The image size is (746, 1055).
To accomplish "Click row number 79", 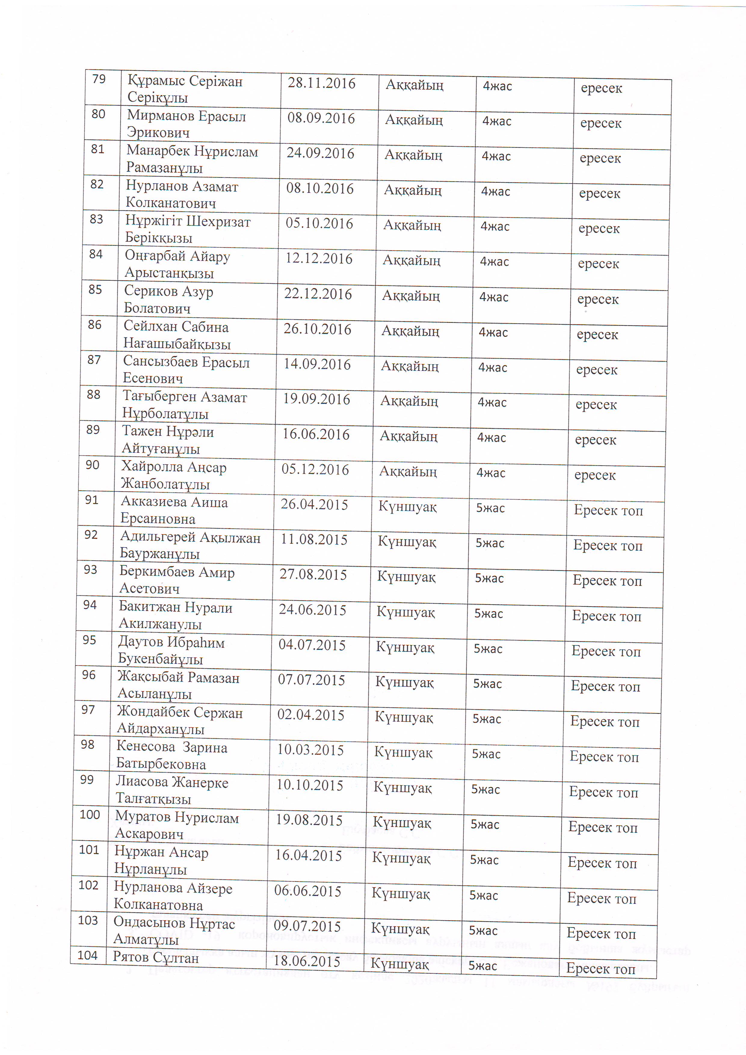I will click(x=99, y=79).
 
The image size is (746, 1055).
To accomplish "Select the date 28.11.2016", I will click(x=321, y=83).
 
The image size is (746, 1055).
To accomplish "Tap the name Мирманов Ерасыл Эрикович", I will click(x=186, y=124).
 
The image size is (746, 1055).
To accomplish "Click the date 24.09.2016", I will click(x=320, y=153).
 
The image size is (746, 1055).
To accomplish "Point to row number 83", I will click(x=97, y=219).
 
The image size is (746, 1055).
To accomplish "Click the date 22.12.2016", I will click(x=318, y=294).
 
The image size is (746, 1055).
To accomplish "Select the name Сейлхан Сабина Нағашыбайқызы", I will click(x=177, y=335).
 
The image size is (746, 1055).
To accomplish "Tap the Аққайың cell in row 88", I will click(x=409, y=401).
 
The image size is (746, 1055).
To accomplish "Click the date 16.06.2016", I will click(x=316, y=434).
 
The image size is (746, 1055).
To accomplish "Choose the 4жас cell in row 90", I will click(x=491, y=473).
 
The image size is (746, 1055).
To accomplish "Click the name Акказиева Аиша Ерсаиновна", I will click(x=174, y=510).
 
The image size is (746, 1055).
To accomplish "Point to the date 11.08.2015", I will click(x=314, y=540).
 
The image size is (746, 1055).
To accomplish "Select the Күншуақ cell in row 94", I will click(x=405, y=613).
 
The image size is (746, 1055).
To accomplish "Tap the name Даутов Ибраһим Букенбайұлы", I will click(x=171, y=651).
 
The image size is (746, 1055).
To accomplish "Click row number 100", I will click(x=90, y=815).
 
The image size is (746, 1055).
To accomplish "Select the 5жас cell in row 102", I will click(x=483, y=896).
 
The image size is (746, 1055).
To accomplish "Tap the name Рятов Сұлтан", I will click(x=156, y=958).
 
